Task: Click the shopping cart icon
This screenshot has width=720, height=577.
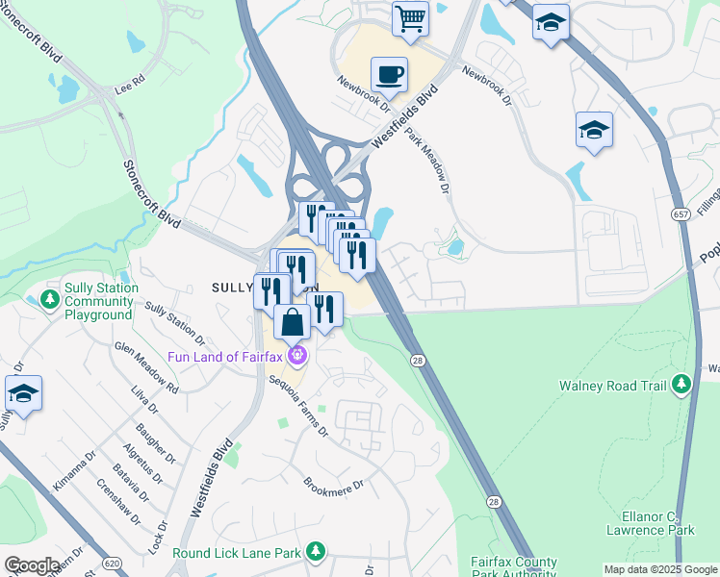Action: (x=411, y=18)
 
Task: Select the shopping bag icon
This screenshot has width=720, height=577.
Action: (x=293, y=321)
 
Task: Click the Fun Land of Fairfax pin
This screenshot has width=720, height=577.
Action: (x=298, y=357)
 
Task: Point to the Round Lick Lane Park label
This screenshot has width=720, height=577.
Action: (x=236, y=553)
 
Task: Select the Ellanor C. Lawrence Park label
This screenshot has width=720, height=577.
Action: (x=651, y=523)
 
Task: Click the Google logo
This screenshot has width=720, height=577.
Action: (x=32, y=565)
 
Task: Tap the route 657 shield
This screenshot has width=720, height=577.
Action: (x=681, y=213)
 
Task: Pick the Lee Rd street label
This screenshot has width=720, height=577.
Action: (x=129, y=84)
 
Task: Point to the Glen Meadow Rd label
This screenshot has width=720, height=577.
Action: (x=145, y=368)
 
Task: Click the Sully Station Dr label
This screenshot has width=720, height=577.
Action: (x=174, y=323)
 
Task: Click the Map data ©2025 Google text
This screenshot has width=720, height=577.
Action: (x=661, y=569)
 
